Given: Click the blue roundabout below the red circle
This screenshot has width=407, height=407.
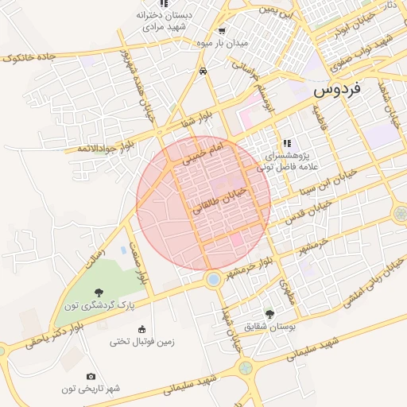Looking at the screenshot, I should coord(213,279).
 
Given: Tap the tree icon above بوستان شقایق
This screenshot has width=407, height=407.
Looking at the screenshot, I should coord(269,314).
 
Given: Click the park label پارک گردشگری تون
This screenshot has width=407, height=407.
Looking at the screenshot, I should coord(99,305).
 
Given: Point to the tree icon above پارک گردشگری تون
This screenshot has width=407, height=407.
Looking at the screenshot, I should coord(99,293).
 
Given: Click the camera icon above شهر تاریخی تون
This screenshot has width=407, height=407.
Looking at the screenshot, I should coord(91,376).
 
